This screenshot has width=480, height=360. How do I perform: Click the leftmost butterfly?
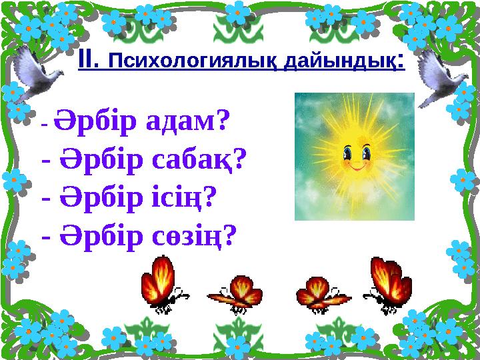(160, 284)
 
